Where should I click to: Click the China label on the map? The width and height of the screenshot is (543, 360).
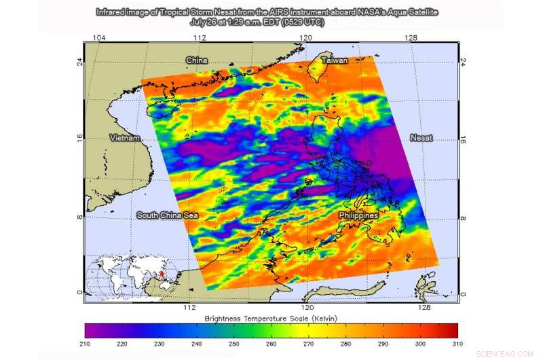[x=197, y=61]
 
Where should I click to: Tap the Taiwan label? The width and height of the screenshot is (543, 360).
[x=335, y=61]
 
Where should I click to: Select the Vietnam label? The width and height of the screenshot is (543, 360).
[x=125, y=138]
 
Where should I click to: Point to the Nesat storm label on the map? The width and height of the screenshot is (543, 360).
[x=422, y=138]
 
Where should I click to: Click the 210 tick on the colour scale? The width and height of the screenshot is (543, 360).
[x=85, y=345]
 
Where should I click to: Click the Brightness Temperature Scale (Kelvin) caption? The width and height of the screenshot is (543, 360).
[x=271, y=317]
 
